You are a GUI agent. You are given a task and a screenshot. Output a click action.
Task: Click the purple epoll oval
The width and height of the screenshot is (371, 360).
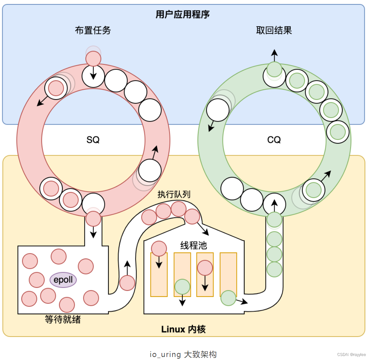pyautogui.click(x=63, y=280)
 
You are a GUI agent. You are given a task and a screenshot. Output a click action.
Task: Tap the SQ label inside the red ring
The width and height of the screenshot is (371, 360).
pyautogui.click(x=93, y=140)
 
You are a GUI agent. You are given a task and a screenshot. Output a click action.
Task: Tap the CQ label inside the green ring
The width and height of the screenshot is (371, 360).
pyautogui.click(x=274, y=140)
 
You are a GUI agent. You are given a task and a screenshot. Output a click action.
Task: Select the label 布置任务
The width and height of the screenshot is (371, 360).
pyautogui.click(x=93, y=30)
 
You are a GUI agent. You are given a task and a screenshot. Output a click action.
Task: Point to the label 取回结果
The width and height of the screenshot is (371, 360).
pyautogui.click(x=274, y=30)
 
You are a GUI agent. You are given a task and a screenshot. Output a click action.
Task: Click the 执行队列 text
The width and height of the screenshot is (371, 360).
pyautogui.click(x=174, y=194)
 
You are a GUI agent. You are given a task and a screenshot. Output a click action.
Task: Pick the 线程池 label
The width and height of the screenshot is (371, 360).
pyautogui.click(x=194, y=246)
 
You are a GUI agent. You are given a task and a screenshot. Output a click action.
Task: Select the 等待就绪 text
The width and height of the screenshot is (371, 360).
pyautogui.click(x=63, y=319)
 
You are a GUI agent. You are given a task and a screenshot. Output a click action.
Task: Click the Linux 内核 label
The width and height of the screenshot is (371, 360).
pyautogui.click(x=183, y=329)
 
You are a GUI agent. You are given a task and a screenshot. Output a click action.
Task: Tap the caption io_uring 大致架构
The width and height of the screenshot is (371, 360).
pyautogui.click(x=183, y=354)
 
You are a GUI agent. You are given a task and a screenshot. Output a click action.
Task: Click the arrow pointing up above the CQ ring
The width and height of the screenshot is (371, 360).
pyautogui.click(x=274, y=54)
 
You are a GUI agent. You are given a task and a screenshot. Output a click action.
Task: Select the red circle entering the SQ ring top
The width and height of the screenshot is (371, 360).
pyautogui.click(x=93, y=58)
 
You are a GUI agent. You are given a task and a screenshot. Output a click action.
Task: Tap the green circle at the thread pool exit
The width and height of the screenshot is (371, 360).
pyautogui.click(x=229, y=298)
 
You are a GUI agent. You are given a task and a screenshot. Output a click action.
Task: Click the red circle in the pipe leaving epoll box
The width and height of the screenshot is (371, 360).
pyautogui.click(x=127, y=283)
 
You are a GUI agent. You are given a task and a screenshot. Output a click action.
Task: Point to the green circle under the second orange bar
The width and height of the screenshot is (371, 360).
pyautogui.click(x=182, y=287)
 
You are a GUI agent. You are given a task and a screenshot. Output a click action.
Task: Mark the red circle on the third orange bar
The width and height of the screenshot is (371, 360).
pyautogui.click(x=205, y=268)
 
